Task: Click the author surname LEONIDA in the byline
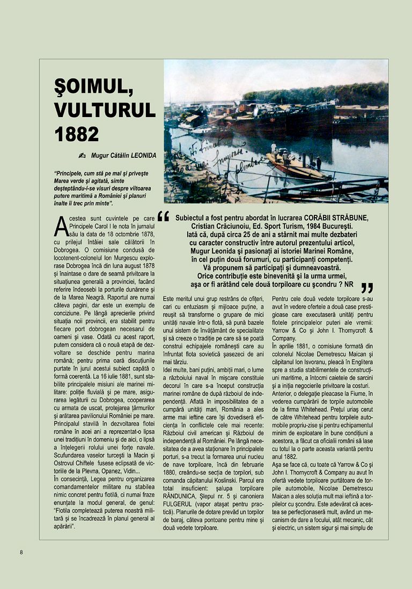pos(140,156)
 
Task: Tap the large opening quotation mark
pos(164,216)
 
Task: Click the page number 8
pos(21,552)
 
